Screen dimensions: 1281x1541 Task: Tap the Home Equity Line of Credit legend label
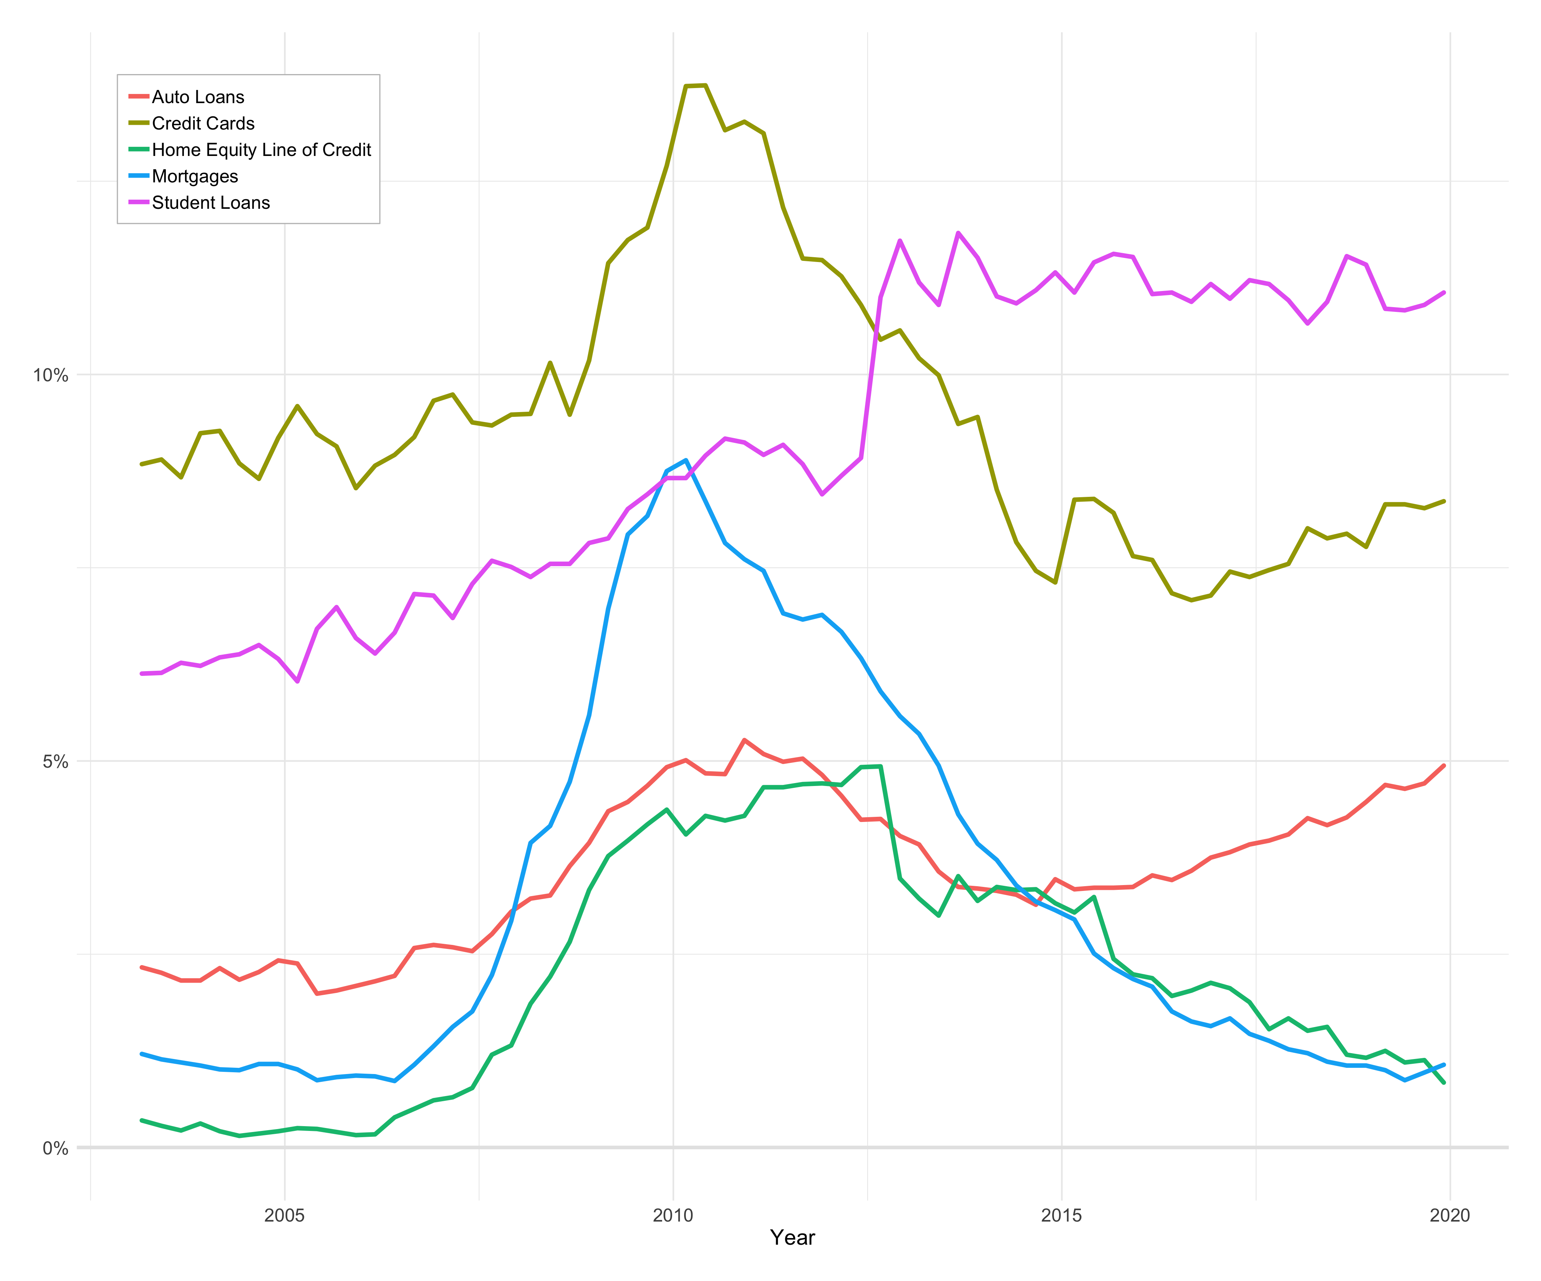261,150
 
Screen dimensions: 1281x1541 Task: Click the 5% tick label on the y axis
54,761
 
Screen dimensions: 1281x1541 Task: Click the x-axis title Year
792,1238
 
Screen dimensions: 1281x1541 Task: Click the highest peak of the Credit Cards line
696,86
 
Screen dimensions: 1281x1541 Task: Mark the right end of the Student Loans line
1444,292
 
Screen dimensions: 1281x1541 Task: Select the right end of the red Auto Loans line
1444,765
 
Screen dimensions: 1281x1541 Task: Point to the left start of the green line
142,1120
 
